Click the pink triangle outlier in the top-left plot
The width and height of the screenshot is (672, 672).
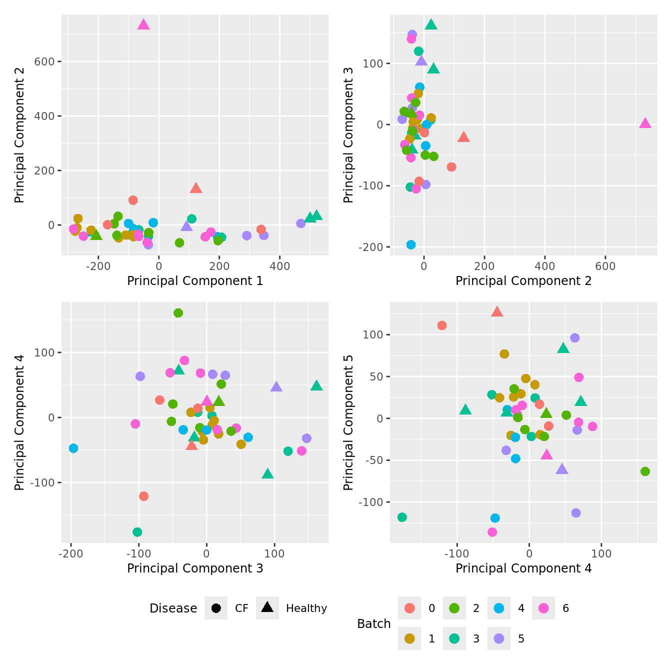tap(143, 25)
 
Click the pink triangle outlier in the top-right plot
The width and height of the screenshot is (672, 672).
tap(645, 123)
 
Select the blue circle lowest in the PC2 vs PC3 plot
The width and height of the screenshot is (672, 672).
tap(411, 244)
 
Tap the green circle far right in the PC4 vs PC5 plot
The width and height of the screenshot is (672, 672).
tap(645, 471)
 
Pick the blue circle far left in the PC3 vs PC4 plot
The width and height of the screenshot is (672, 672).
tap(73, 448)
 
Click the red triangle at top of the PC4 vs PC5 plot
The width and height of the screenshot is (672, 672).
tap(496, 312)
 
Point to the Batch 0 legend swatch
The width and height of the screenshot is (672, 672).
tap(409, 608)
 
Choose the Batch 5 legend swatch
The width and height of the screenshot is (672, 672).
tap(499, 638)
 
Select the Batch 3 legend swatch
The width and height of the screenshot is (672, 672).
tap(454, 638)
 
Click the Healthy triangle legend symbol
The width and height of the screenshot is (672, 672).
tap(267, 607)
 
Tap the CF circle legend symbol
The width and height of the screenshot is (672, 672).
tap(216, 608)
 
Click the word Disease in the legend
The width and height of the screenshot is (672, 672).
tap(173, 608)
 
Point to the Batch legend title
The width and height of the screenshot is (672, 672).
tap(373, 623)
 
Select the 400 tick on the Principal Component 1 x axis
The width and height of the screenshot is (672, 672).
tap(279, 266)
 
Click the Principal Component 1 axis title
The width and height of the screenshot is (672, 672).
tap(195, 281)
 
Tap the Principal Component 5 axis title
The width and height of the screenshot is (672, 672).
tap(348, 422)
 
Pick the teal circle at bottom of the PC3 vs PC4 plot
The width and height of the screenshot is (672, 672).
tap(137, 532)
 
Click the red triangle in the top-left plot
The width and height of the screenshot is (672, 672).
tap(195, 188)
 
